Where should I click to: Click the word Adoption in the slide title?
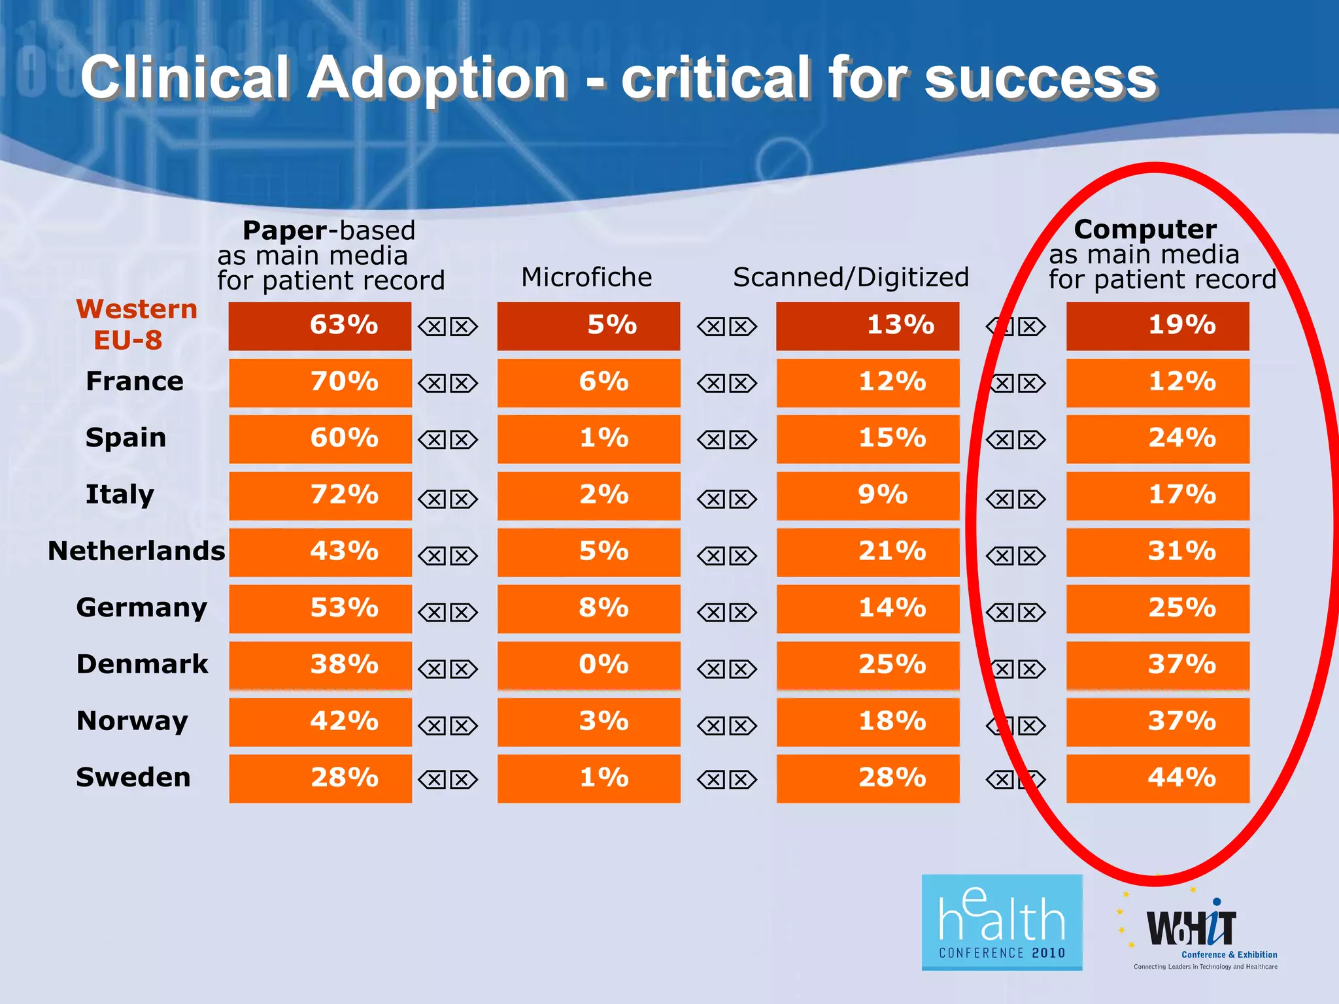point(437,78)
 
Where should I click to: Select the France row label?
point(135,381)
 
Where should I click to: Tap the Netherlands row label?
point(136,551)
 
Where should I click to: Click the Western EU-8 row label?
point(136,324)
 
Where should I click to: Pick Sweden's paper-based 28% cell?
point(320,778)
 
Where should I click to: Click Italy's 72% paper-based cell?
point(320,495)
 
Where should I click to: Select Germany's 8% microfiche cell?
point(588,608)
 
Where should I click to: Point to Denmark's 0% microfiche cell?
point(588,665)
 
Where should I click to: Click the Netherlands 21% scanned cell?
point(868,552)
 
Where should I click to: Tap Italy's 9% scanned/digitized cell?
point(868,495)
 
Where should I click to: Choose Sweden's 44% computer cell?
point(1157,778)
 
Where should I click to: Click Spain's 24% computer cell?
point(1157,438)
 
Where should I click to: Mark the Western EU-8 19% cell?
point(1157,326)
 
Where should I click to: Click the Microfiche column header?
point(586,277)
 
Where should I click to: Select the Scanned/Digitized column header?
point(851,277)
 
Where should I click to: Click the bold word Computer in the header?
point(1145,229)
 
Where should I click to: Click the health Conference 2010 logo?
point(1002,922)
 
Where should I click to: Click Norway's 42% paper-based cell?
point(320,722)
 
